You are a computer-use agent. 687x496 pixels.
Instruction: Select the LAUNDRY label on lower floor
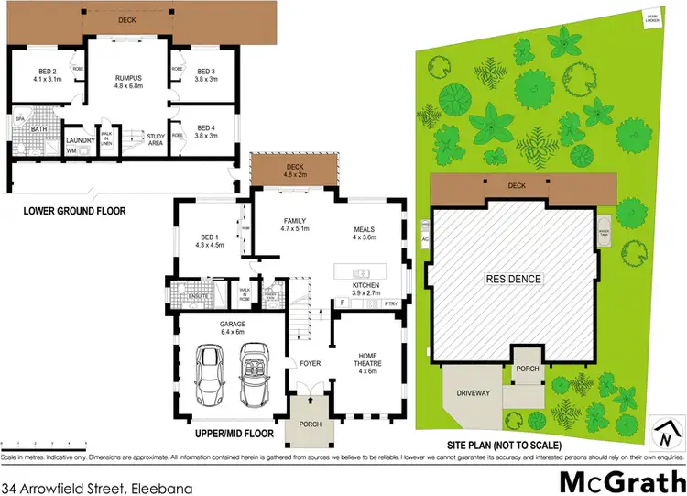pos(82,140)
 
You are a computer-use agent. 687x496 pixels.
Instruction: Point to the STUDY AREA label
pos(157,139)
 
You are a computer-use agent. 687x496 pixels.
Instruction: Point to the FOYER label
pos(310,363)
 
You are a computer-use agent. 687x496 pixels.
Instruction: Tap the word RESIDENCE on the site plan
pos(513,279)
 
